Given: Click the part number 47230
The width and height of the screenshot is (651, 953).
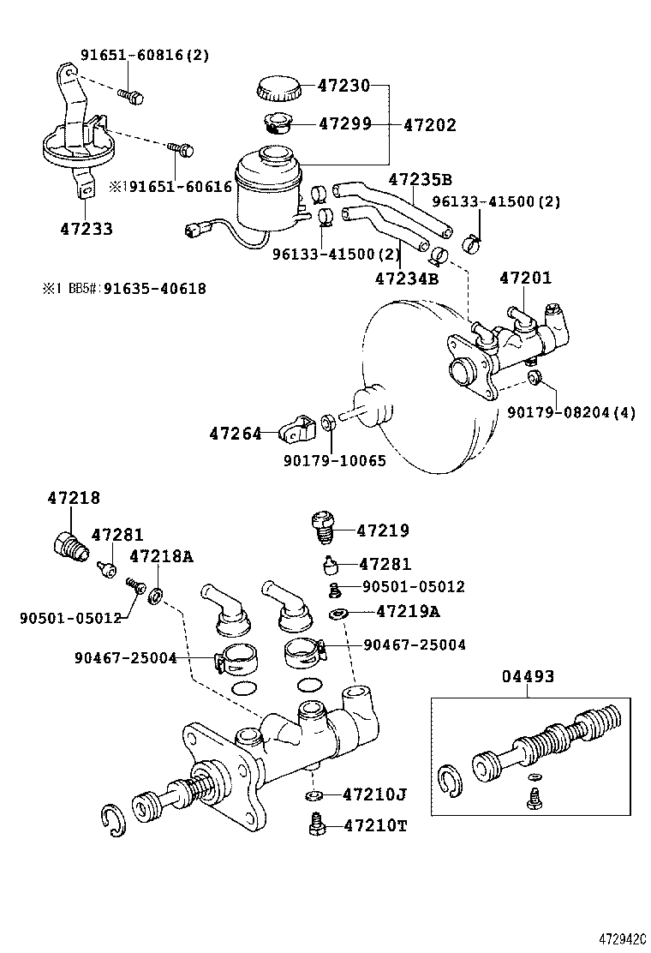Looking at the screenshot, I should pos(343,86).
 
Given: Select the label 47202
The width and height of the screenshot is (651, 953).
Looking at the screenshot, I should pos(429,125).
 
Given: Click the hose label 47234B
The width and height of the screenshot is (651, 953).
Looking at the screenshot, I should pos(407,279).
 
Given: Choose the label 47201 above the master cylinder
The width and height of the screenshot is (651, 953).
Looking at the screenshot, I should pos(525,279).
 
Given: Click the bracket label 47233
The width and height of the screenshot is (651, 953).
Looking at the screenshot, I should pos(87,230).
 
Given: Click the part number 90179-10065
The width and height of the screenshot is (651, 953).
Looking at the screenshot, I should pos(335,461).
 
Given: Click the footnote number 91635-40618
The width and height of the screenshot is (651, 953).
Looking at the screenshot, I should pos(154,289).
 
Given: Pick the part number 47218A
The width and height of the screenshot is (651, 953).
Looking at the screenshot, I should pos(161,557).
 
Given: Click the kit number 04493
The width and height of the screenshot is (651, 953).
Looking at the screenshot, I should pos(528,677).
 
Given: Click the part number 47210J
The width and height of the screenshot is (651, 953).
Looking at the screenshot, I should pos(373,794).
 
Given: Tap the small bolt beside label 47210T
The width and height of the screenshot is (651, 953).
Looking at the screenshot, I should pos(315,825).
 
